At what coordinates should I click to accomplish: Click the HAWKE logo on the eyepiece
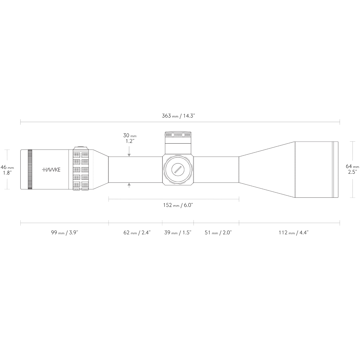pos(51,169)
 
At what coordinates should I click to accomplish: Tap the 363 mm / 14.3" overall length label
pos(178,116)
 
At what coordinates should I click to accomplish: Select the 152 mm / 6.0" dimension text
pos(178,205)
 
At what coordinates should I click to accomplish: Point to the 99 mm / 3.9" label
pos(64,232)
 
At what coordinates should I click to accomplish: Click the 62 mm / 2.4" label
pos(137,232)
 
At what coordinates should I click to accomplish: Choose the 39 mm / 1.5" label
pos(178,232)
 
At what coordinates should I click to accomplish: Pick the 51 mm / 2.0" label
pos(218,232)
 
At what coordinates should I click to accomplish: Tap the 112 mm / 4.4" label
pos(294,232)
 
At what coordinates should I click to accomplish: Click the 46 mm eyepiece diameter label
pos(7,170)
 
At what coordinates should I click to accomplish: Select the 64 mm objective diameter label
pos(352,169)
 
